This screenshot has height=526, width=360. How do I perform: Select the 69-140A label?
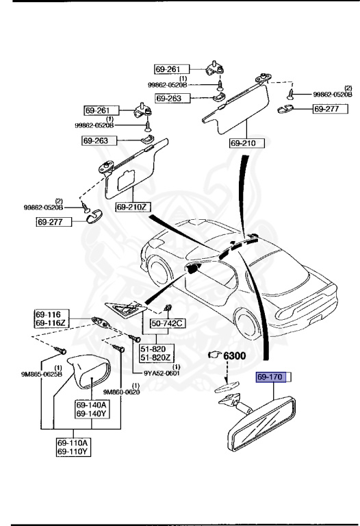point(91,405)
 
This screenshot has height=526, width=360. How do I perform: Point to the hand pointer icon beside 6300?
point(215,355)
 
